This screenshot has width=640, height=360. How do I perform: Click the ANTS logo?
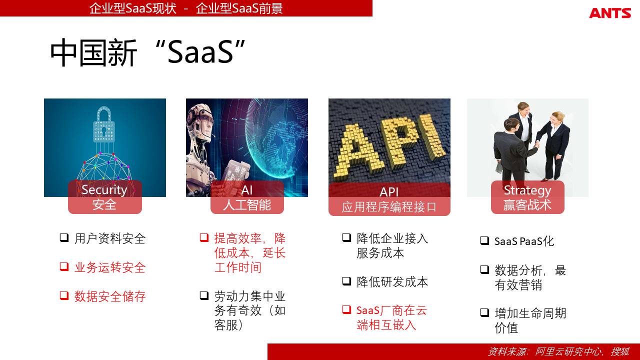pos(610,13)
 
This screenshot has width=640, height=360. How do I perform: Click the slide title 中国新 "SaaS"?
pos(147,53)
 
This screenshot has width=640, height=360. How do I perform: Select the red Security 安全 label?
pos(105,197)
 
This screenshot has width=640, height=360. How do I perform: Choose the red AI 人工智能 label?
pos(247,197)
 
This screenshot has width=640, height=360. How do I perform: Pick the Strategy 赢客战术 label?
pos(527,197)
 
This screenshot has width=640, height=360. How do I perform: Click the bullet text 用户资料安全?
pos(110,238)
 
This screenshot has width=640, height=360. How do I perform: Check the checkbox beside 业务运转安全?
pos(64,266)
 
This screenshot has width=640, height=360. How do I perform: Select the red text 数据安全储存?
pos(110,296)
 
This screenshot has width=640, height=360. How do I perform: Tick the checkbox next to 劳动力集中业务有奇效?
pos(204,295)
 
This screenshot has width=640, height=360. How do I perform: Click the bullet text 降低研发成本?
pos(392,282)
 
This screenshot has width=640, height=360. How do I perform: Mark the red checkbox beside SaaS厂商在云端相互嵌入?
pos(346,309)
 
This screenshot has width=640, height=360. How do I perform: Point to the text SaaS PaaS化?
pos(524,241)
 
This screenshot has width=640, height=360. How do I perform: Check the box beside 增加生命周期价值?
pos(484,312)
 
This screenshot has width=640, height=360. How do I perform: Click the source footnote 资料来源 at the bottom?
pos(558,351)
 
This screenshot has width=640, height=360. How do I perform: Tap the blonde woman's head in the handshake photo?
pos(557,117)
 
